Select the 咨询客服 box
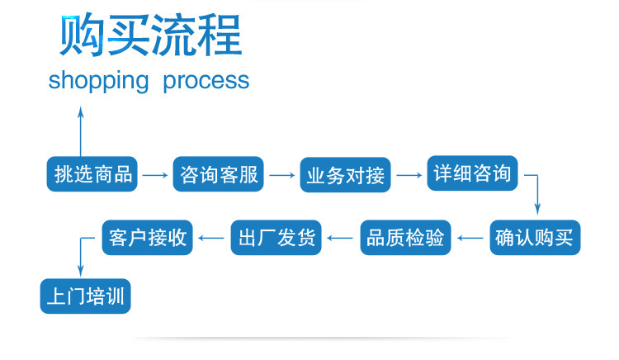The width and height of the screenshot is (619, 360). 219,174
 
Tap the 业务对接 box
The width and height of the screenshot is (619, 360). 345,175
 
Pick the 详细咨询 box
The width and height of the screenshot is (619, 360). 473,174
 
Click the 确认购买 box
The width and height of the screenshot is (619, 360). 537,238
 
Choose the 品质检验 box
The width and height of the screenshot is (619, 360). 405,238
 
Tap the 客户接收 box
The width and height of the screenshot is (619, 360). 148,238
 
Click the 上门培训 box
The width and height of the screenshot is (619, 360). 85,296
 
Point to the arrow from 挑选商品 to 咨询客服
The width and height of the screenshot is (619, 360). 154,175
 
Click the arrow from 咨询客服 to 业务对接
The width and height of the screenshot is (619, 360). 281,175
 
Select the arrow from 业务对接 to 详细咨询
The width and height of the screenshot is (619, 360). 408,175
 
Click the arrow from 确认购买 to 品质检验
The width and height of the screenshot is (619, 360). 470,239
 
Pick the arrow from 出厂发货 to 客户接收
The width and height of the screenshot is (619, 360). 211,239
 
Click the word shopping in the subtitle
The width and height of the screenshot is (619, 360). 98,81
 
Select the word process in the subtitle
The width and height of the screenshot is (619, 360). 206,81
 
